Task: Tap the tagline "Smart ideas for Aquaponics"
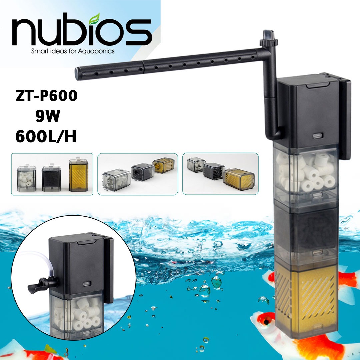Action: [73, 51]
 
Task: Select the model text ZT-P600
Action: [47, 96]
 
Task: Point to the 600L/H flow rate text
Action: [46, 137]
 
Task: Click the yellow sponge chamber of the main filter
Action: [307, 300]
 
